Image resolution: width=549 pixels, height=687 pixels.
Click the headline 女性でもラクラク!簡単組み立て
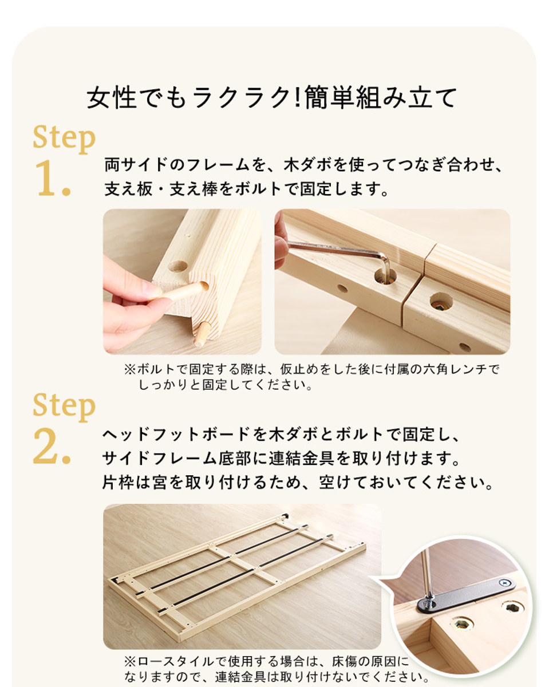(x=271, y=98)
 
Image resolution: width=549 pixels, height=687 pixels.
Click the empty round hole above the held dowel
(x=177, y=266)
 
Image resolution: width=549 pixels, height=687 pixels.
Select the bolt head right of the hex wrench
(x=441, y=302)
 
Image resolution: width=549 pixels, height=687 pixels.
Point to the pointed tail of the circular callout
(x=370, y=577)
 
